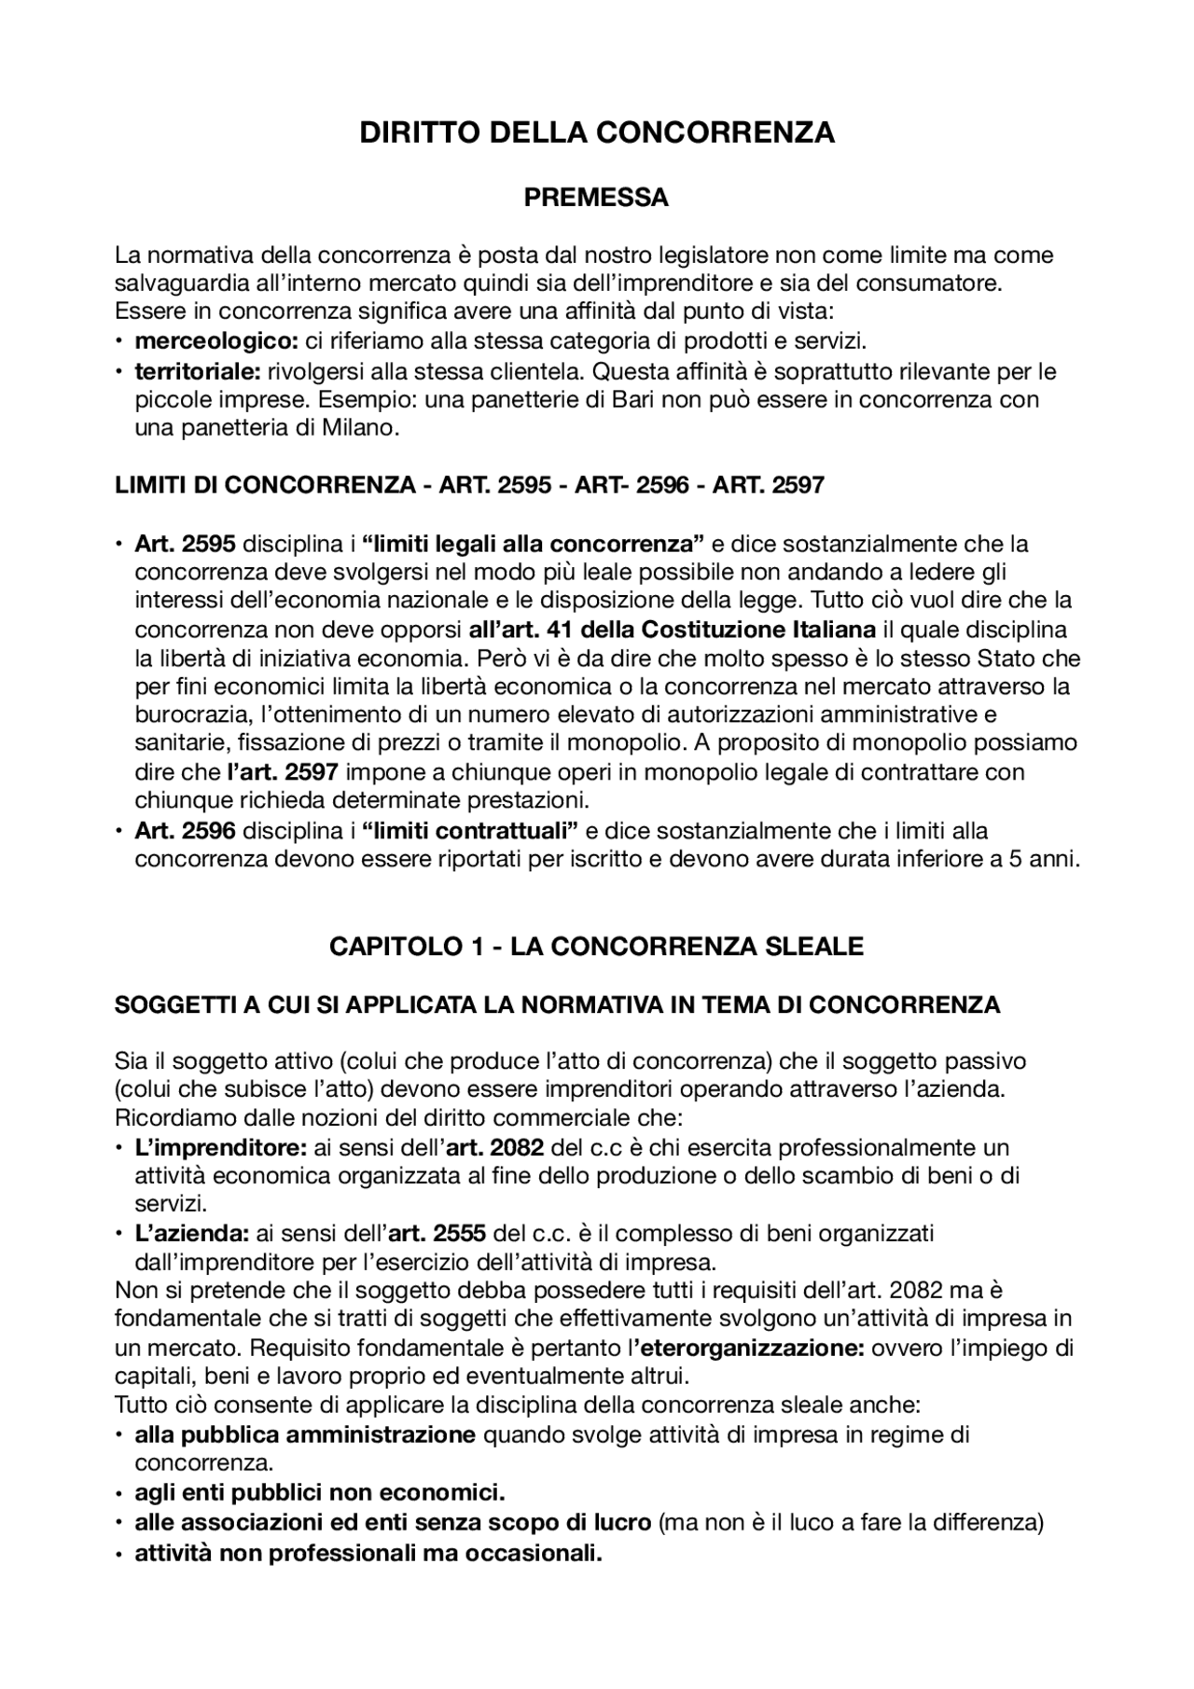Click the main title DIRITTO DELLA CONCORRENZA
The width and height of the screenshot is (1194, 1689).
[597, 132]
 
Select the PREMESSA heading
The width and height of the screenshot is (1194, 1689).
[596, 198]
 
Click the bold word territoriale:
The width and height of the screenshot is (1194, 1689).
[198, 371]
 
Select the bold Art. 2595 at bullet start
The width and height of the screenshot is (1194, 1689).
[185, 543]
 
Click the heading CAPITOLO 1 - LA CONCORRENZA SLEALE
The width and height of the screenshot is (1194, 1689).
[596, 947]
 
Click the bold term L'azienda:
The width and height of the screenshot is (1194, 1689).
[191, 1233]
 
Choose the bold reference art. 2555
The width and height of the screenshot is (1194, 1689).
[437, 1233]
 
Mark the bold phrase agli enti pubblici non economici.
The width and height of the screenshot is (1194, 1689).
[320, 1492]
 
